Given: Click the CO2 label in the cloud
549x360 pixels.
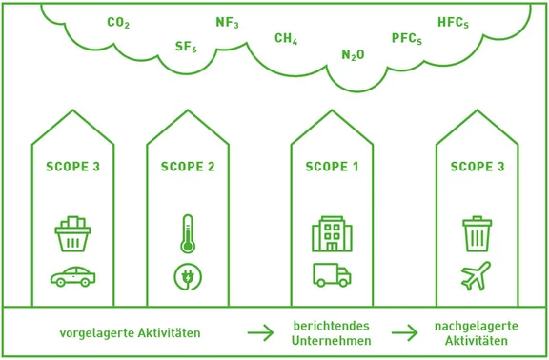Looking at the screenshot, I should point(118,23).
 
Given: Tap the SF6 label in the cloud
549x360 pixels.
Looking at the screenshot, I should point(186,47).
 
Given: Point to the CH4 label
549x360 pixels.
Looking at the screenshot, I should point(286,39).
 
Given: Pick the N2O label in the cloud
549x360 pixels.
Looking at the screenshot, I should point(353,55).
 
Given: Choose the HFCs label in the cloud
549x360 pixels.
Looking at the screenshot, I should point(453,22).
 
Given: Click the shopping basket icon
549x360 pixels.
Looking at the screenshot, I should point(72,234).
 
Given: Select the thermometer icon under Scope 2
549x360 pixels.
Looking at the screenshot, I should point(188,233).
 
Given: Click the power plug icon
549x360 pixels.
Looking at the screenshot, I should point(188,276).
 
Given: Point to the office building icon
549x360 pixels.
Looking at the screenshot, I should point(332,234).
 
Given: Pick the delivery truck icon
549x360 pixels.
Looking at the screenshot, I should point(332,275).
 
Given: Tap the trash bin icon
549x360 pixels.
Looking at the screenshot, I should point(476,234).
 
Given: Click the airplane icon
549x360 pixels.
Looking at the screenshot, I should point(476,276).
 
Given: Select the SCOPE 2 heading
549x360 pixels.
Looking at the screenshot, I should point(188,167).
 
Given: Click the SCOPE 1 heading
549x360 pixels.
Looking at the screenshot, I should point(332,167).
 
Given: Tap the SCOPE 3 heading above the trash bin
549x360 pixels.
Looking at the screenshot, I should point(477,167).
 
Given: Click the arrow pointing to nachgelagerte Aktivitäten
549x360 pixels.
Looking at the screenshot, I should point(405,333).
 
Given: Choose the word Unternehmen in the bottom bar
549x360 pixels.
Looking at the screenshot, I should point(332,341).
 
